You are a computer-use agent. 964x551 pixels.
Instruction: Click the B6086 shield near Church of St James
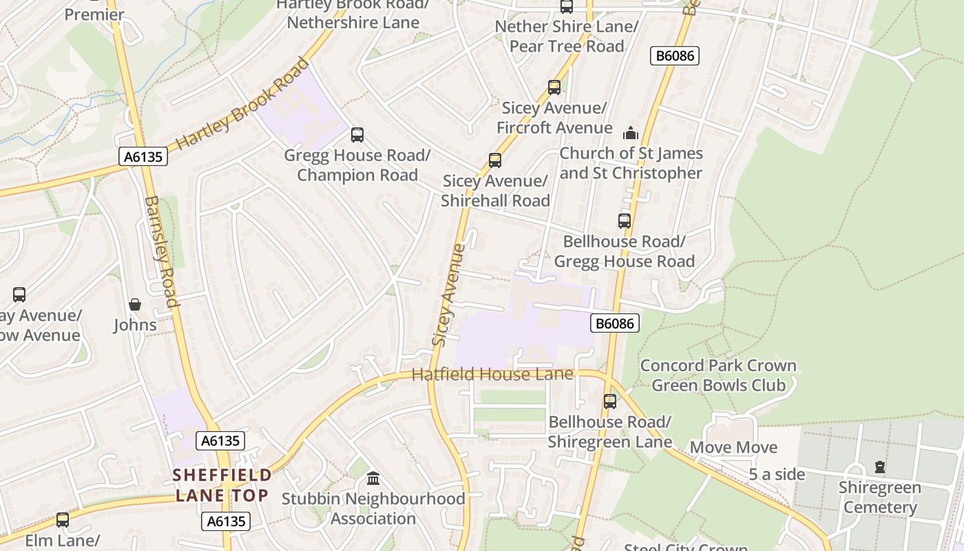click(x=674, y=56)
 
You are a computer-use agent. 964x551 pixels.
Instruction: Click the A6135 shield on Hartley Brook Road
click(x=143, y=157)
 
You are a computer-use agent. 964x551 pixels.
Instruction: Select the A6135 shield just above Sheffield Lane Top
click(x=220, y=441)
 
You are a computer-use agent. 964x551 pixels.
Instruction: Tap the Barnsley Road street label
click(x=163, y=251)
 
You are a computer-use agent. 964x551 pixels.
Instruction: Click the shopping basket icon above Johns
click(x=135, y=304)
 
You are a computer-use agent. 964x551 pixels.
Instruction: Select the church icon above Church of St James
click(x=630, y=133)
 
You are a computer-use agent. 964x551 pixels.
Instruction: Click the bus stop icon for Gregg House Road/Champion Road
click(x=357, y=135)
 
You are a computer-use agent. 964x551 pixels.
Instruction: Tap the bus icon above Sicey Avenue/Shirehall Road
click(x=494, y=160)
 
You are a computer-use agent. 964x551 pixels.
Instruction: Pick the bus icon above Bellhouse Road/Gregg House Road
click(x=624, y=221)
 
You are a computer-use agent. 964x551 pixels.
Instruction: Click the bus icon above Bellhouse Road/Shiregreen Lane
click(x=609, y=402)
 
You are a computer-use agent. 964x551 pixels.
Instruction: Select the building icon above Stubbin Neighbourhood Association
click(x=373, y=478)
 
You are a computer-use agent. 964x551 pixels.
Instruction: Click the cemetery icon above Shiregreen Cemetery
click(x=879, y=467)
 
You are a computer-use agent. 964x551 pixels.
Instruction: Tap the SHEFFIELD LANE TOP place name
click(x=222, y=485)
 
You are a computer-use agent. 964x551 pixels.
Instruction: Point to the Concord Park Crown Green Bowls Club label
click(x=718, y=375)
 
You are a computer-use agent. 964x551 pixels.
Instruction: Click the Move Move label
click(x=733, y=448)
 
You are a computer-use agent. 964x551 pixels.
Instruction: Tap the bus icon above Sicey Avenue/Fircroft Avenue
click(x=554, y=87)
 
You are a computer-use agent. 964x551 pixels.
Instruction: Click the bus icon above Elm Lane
click(x=63, y=520)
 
